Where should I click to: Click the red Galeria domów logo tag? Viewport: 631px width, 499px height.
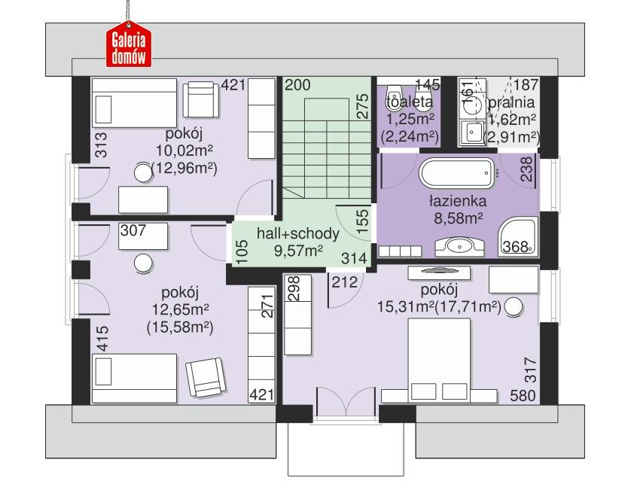coord(127,45)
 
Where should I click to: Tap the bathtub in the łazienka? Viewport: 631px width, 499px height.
coord(457,175)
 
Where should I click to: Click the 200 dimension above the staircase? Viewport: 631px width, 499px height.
coord(297,85)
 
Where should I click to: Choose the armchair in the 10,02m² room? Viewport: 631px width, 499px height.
coord(200,97)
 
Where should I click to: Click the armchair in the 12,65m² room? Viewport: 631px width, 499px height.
coord(204,376)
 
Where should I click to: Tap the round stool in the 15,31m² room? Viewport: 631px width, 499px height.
coord(514,307)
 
